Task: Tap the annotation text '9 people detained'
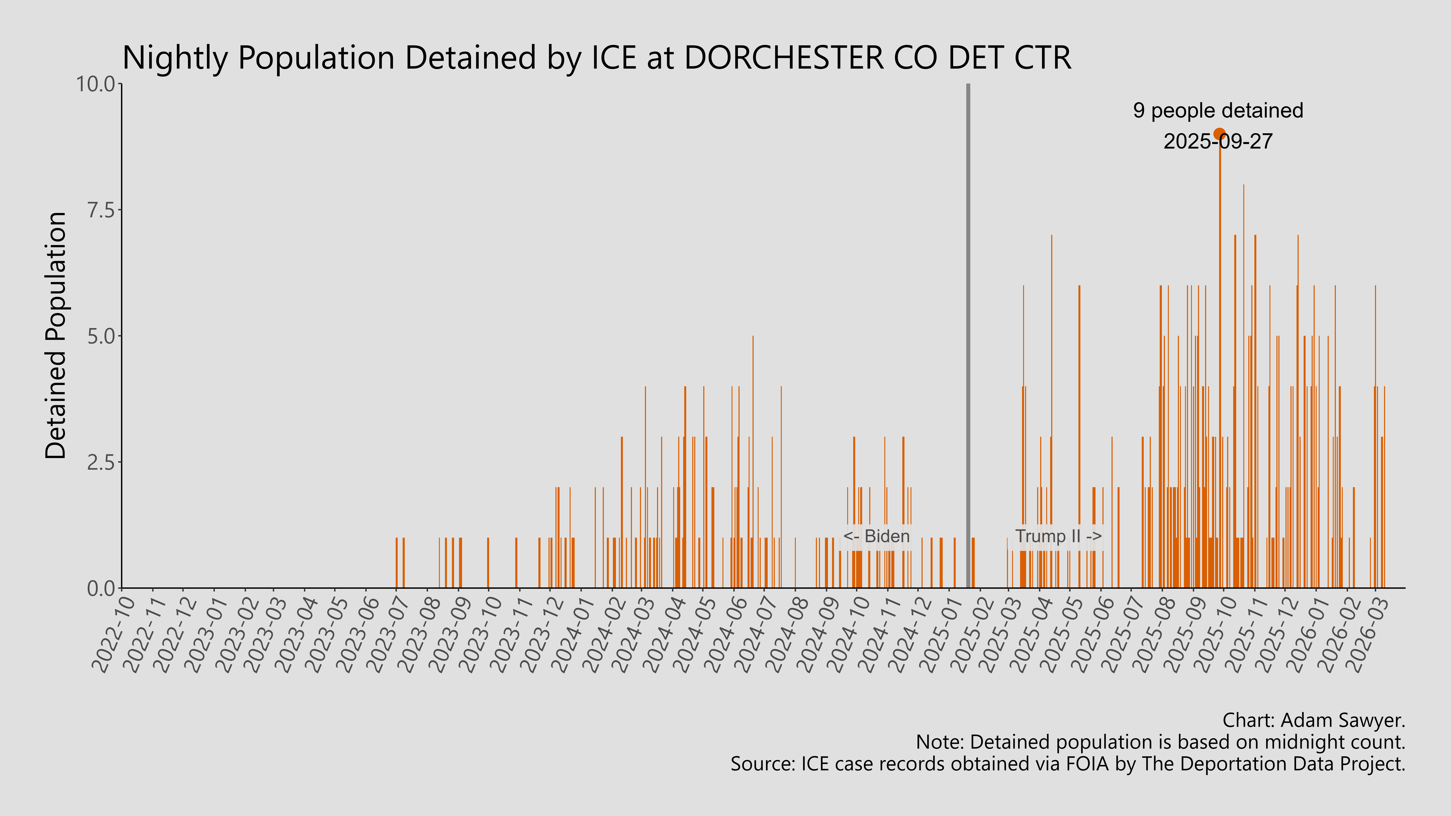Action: (1218, 110)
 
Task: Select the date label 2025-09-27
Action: (1218, 141)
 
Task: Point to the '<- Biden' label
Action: (876, 536)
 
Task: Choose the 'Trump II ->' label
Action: (1058, 536)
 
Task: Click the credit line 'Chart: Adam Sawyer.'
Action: (1314, 720)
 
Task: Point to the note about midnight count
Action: (1160, 742)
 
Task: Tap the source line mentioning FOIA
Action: (1067, 764)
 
